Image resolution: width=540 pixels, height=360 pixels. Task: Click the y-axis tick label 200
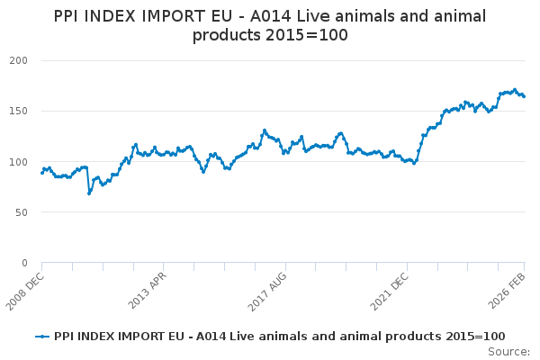pyautogui.click(x=19, y=60)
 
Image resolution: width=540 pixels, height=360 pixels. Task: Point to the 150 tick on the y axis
pyautogui.click(x=19, y=111)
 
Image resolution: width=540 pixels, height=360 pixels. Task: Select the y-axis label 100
pyautogui.click(x=19, y=162)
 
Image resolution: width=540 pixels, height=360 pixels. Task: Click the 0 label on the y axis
pyautogui.click(x=24, y=263)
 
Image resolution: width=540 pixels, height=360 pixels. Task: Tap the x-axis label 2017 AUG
pyautogui.click(x=267, y=290)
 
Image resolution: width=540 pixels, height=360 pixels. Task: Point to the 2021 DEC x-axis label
pyautogui.click(x=389, y=290)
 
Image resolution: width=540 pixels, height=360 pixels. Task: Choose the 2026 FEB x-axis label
pyautogui.click(x=509, y=290)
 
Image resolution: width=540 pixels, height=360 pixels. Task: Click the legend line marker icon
pyautogui.click(x=41, y=336)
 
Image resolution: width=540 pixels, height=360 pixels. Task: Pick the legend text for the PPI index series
pyautogui.click(x=279, y=336)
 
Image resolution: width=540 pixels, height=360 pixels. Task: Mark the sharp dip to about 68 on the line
pyautogui.click(x=89, y=193)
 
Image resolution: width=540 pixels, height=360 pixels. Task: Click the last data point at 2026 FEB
pyautogui.click(x=524, y=96)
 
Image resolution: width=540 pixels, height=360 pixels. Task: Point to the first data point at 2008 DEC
pyautogui.click(x=41, y=172)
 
